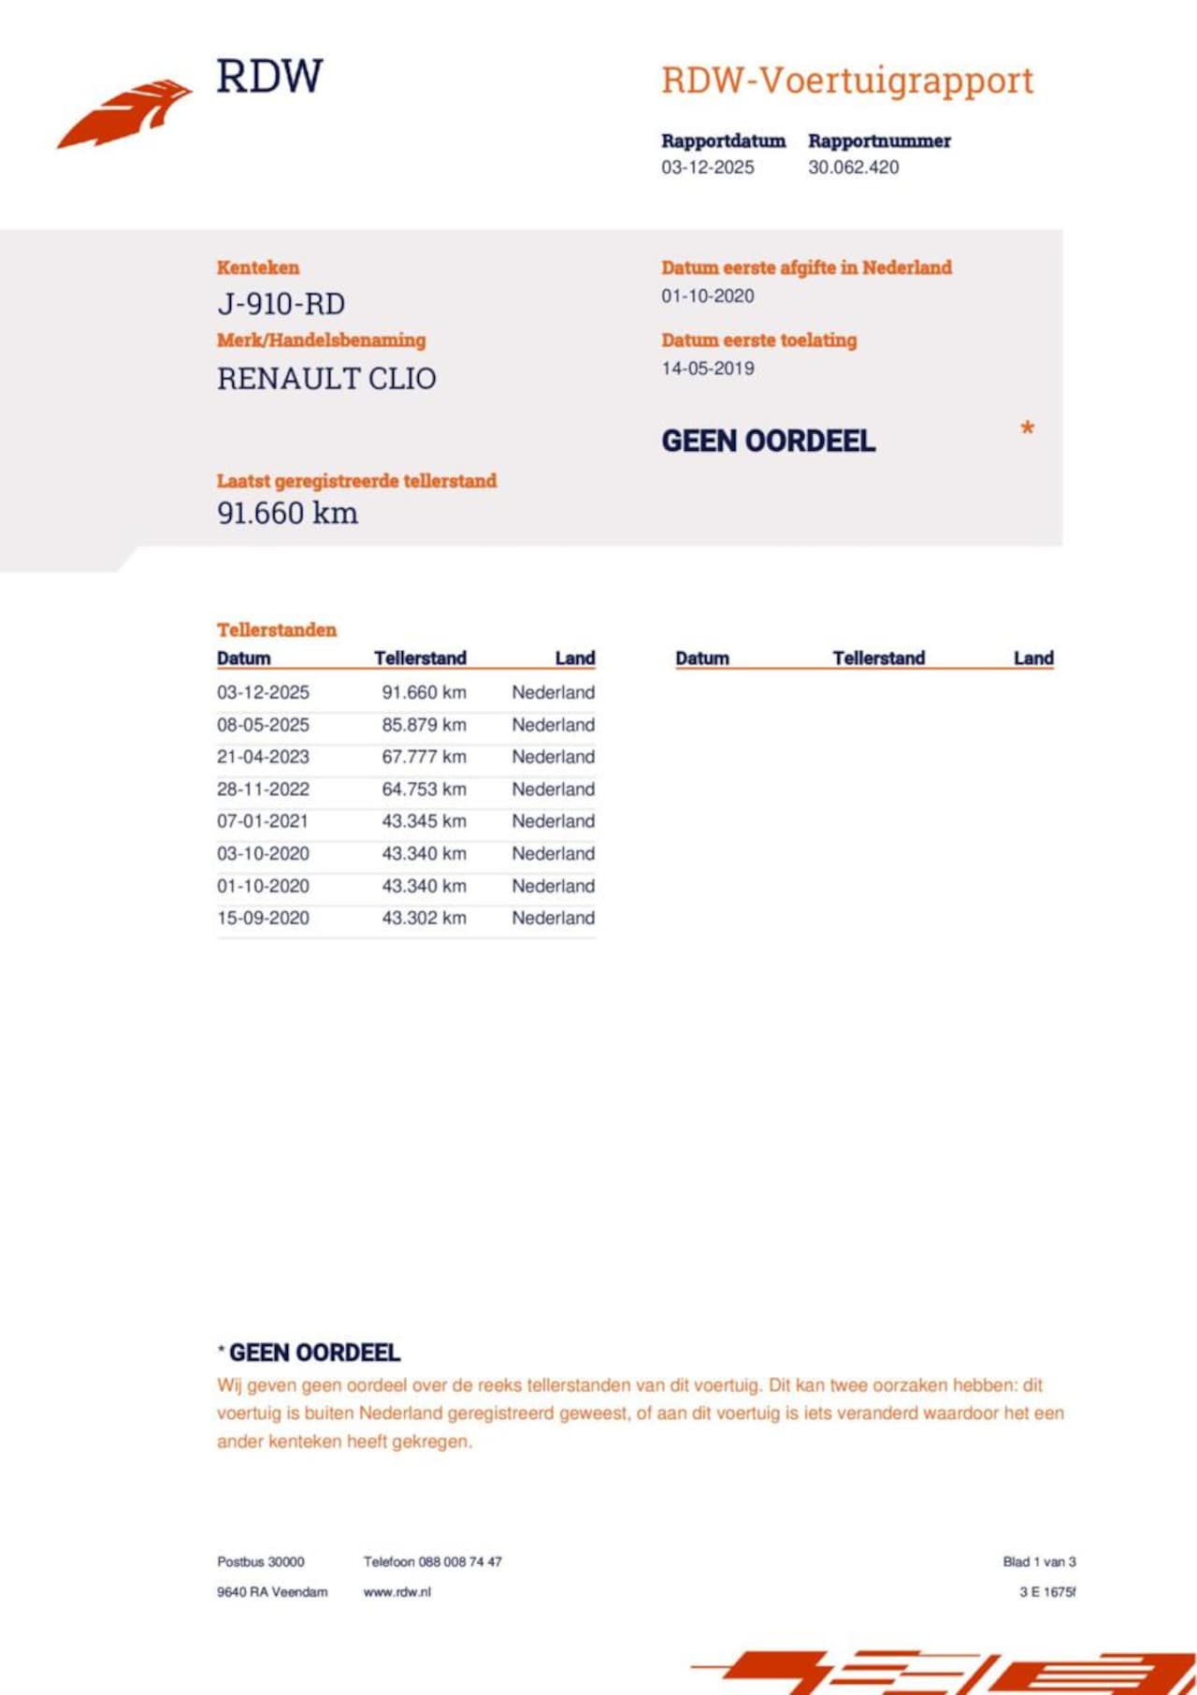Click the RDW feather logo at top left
coord(124,113)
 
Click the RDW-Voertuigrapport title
coord(846,80)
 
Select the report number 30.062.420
coord(853,167)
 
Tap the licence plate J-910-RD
coord(281,304)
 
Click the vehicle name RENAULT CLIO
coord(326,379)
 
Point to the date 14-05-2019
coord(707,369)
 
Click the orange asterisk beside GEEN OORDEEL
coord(1027,430)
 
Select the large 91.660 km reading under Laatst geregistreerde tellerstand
coord(287,514)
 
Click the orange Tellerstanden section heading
coord(276,630)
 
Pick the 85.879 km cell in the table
coord(424,725)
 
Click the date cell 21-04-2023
coord(263,757)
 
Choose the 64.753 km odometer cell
coord(424,790)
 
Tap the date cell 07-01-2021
coord(263,821)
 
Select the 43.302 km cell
coord(424,919)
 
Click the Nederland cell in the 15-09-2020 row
coord(553,919)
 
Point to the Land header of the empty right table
coord(1033,659)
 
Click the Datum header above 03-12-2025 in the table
coord(243,659)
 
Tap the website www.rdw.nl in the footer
coord(397,1592)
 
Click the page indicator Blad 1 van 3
coord(1039,1562)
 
